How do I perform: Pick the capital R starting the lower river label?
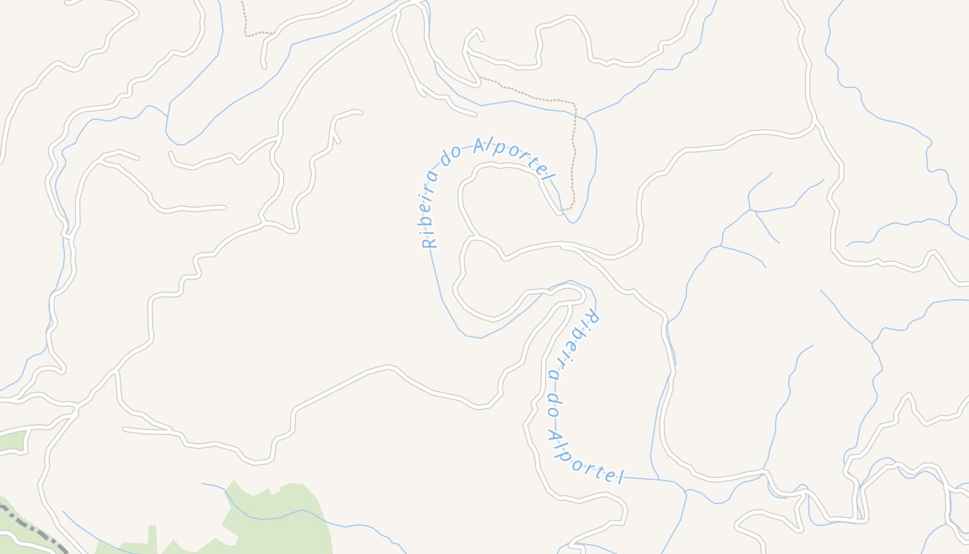(x=592, y=319)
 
